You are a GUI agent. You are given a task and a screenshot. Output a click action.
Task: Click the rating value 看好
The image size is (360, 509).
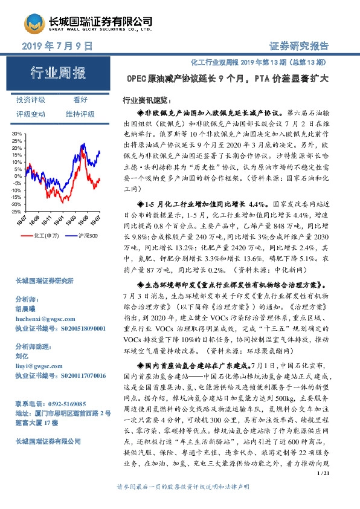(80, 100)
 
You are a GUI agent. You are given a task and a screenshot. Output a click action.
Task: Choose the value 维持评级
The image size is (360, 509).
(80, 114)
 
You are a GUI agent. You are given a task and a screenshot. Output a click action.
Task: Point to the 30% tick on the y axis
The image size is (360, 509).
(16, 133)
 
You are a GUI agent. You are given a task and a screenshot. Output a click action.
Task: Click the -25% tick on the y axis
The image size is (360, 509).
(16, 212)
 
